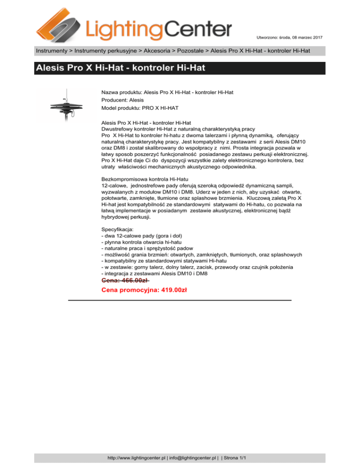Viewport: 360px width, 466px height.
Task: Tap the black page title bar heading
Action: (120, 68)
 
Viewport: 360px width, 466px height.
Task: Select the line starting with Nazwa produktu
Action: (167, 93)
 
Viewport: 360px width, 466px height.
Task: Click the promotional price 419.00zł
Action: (144, 290)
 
